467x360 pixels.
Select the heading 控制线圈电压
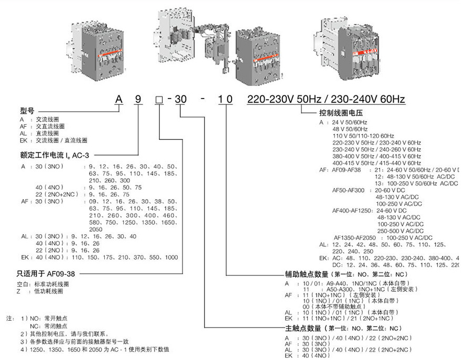click(x=341, y=113)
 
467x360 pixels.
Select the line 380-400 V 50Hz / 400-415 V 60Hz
click(x=376, y=156)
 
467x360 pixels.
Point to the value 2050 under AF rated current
click(x=96, y=229)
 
